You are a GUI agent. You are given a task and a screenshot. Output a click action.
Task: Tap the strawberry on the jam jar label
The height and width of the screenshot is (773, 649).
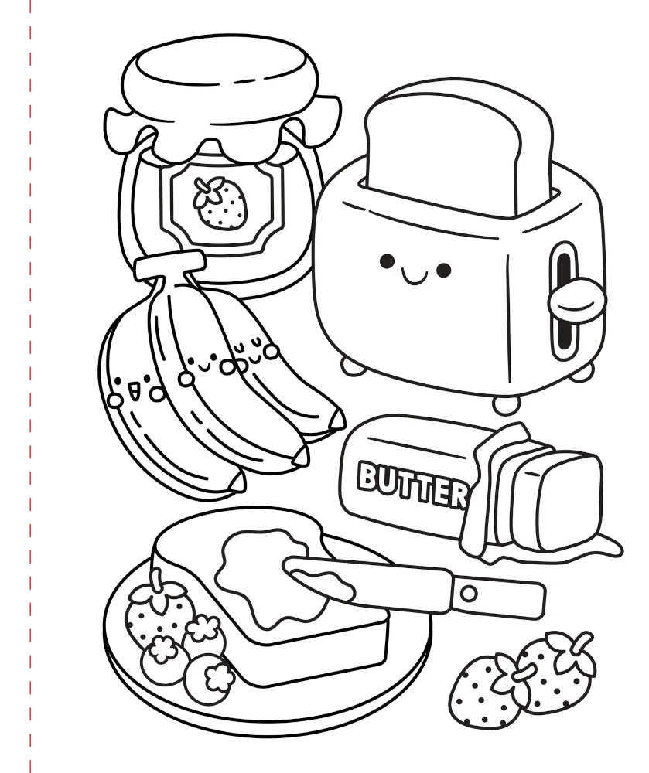[219, 203]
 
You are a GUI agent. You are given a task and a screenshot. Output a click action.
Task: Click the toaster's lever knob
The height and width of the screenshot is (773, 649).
[576, 301]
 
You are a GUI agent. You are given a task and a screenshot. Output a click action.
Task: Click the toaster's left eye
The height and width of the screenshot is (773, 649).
[387, 261]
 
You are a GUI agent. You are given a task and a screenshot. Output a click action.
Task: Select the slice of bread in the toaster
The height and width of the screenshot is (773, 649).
[456, 153]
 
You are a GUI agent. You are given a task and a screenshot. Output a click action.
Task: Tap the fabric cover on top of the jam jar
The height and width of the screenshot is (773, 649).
[222, 99]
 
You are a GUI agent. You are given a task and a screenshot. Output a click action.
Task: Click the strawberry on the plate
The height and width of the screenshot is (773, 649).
[157, 611]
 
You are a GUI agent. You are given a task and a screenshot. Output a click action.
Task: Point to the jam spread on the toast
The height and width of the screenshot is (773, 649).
[276, 577]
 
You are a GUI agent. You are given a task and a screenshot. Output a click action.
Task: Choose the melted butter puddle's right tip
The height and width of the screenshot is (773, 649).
[620, 548]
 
